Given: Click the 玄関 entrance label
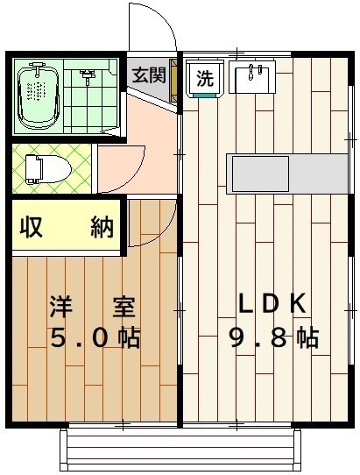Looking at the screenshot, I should click(x=149, y=75).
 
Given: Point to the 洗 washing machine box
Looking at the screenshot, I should click(x=204, y=77).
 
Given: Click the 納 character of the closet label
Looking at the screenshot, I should click(x=102, y=228).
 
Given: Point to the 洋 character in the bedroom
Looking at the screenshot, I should click(x=60, y=308).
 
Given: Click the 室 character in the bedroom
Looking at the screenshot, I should click(x=123, y=308).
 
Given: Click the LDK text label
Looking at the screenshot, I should click(x=272, y=304).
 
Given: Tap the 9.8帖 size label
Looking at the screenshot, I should click(x=273, y=337).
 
